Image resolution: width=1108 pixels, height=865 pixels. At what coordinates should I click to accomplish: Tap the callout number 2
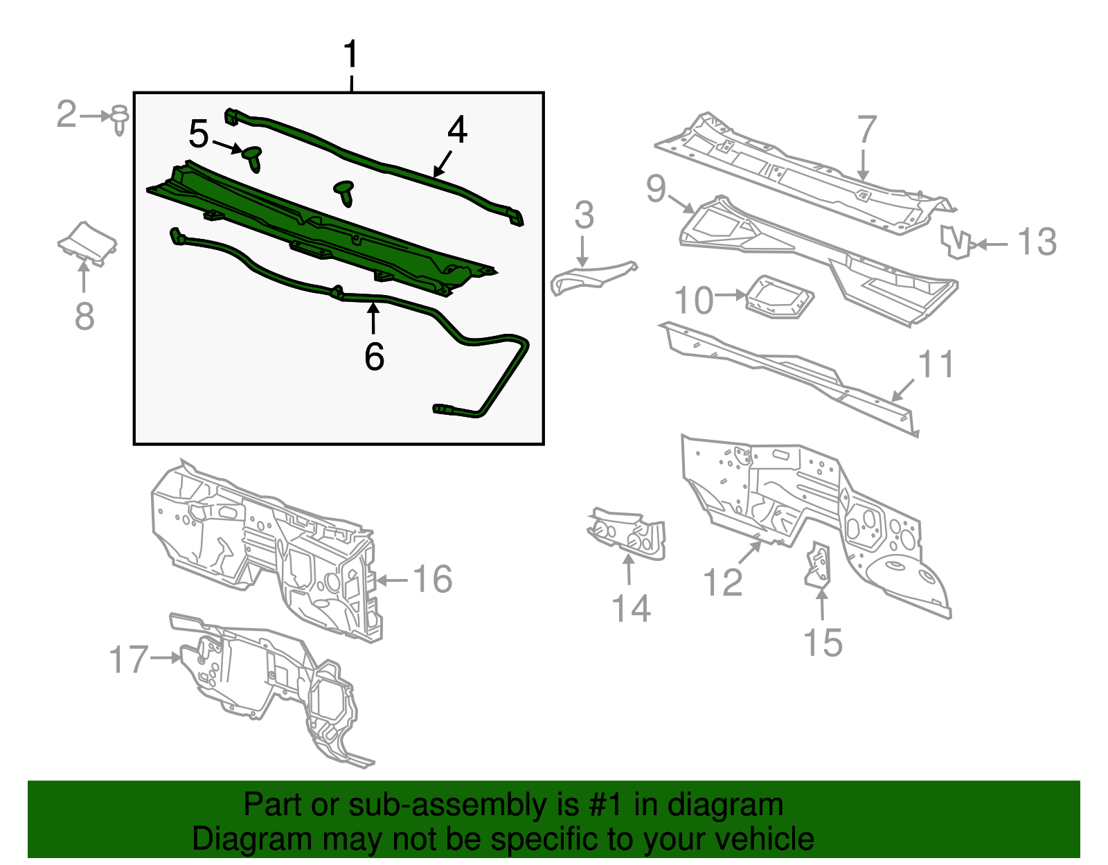coord(66,114)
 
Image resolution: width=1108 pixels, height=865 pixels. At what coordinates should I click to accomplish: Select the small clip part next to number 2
coord(119,121)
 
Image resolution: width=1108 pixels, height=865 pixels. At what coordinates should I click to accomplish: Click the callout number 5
coord(199,134)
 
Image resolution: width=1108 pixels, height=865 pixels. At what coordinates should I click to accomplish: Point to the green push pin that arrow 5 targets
coord(253,159)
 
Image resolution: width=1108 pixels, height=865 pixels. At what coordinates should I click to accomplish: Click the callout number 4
coord(457,130)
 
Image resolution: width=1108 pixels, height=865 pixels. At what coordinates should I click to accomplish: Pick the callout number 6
coord(374,356)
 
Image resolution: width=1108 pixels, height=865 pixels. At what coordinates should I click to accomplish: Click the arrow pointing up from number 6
coord(373,318)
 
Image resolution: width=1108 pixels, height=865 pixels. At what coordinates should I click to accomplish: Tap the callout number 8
coord(84,316)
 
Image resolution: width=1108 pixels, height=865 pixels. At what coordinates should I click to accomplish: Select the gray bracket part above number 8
coord(87,244)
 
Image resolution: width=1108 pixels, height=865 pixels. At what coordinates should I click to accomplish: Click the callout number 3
coord(584,215)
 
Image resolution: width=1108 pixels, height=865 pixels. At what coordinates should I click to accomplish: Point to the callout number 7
coord(867,130)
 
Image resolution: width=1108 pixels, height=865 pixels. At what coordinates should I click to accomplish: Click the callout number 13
coord(1037,242)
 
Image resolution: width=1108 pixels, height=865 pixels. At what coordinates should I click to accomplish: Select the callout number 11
coord(935,364)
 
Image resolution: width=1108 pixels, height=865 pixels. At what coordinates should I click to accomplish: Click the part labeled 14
coord(627,535)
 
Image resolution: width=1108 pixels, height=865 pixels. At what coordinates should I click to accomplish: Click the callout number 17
coord(129,659)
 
